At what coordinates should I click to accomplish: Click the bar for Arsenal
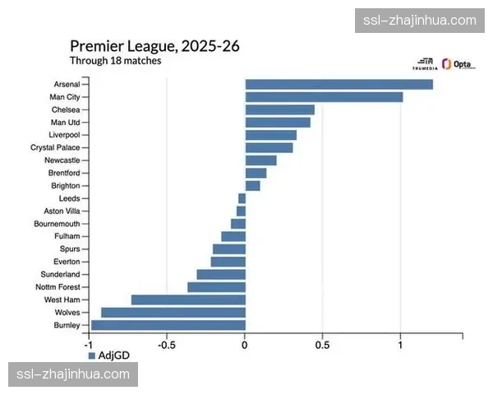339,84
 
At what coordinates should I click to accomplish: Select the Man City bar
324,97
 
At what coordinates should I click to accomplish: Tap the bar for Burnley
168,325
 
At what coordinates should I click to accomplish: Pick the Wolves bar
173,313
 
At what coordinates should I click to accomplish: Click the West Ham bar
188,300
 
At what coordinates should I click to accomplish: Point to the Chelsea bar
279,109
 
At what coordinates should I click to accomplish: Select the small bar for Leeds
242,198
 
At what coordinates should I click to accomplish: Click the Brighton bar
252,186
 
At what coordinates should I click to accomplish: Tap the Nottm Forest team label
57,287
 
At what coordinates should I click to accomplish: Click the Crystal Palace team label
55,147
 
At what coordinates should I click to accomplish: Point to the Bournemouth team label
57,224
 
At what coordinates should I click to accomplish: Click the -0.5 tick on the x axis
167,345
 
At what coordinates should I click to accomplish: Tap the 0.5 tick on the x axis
322,345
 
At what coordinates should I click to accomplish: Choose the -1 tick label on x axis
89,345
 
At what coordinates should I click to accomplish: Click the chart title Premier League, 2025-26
154,46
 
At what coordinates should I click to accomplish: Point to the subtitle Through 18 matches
115,61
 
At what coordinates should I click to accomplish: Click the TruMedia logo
425,64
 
